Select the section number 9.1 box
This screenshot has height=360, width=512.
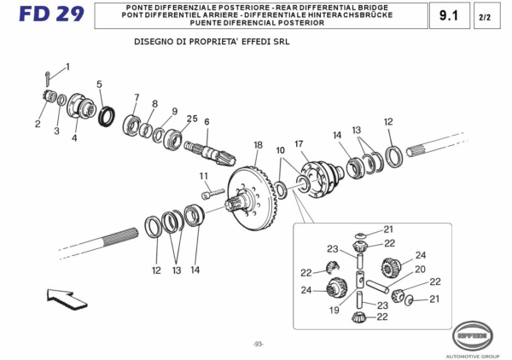[448, 15]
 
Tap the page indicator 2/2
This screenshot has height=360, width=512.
[485, 16]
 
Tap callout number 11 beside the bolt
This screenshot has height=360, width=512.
[204, 177]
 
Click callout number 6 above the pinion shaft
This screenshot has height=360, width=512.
[207, 121]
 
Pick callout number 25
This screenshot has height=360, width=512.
[192, 119]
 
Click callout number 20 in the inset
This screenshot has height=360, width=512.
[420, 270]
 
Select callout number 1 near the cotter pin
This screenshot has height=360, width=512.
[67, 67]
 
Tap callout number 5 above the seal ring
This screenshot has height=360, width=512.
[99, 84]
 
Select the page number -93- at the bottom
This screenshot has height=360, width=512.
[257, 344]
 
